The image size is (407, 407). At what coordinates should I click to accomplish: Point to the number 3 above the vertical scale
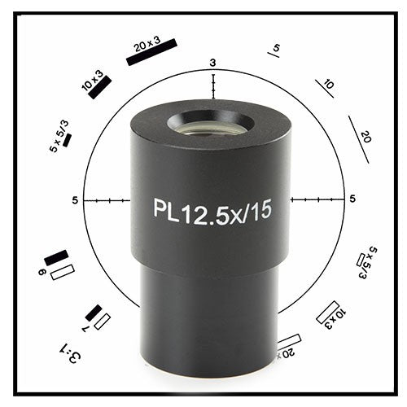point(212,63)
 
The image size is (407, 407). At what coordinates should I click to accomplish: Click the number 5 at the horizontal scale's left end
point(75,199)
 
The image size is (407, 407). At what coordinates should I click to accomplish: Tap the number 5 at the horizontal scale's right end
point(352,199)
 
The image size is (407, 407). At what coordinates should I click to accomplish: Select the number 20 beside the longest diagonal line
point(365,137)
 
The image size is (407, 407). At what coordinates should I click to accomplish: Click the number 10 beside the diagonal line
point(328,84)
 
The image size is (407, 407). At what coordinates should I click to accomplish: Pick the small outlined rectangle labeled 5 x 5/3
point(362,260)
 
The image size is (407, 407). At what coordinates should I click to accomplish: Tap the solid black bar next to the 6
point(56,259)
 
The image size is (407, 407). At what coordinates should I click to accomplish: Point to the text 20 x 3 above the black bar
point(149,45)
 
